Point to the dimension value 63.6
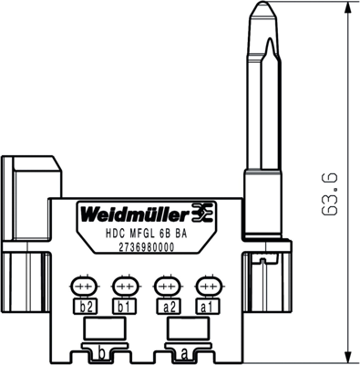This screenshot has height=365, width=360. click(331, 193)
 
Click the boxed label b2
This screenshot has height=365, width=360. click(87, 308)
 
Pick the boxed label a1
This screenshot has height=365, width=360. click(206, 308)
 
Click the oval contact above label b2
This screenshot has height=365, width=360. click(87, 285)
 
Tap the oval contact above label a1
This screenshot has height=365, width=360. click(206, 285)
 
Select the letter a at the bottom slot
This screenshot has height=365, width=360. click(185, 351)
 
